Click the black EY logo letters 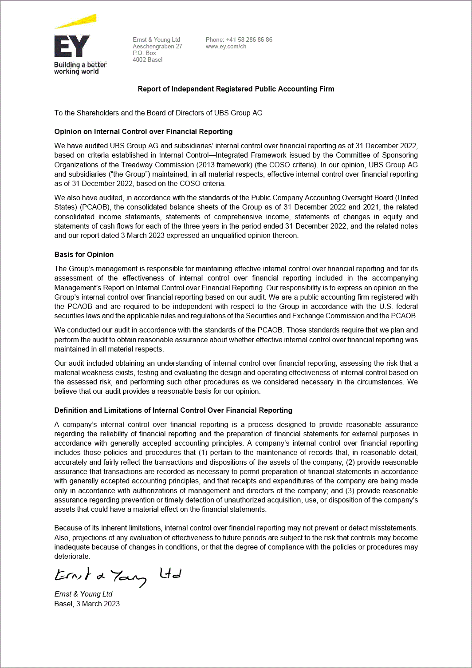point(71,47)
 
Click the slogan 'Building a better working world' point(80,68)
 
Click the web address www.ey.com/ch point(226,46)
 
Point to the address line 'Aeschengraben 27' point(157,46)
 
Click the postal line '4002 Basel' point(147,59)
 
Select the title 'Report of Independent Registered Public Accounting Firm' point(236,89)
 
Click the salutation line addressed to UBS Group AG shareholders point(158,113)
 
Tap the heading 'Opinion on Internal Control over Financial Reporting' point(143,131)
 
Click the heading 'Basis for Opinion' point(84,254)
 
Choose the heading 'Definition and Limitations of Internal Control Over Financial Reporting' point(173,410)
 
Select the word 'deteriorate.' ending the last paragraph point(72,556)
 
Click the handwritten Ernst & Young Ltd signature point(118,576)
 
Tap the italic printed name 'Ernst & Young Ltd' point(83,594)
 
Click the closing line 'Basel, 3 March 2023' point(87,604)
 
